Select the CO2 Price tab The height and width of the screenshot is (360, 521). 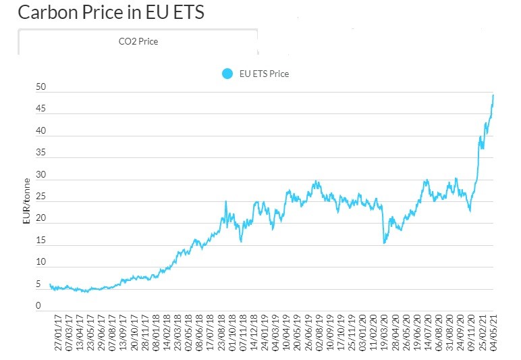[138, 42]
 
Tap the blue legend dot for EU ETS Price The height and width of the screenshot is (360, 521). [227, 74]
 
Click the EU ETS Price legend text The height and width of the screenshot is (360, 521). [265, 74]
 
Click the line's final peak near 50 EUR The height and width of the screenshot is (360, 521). [493, 95]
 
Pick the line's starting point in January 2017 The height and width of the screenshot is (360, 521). [50, 284]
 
